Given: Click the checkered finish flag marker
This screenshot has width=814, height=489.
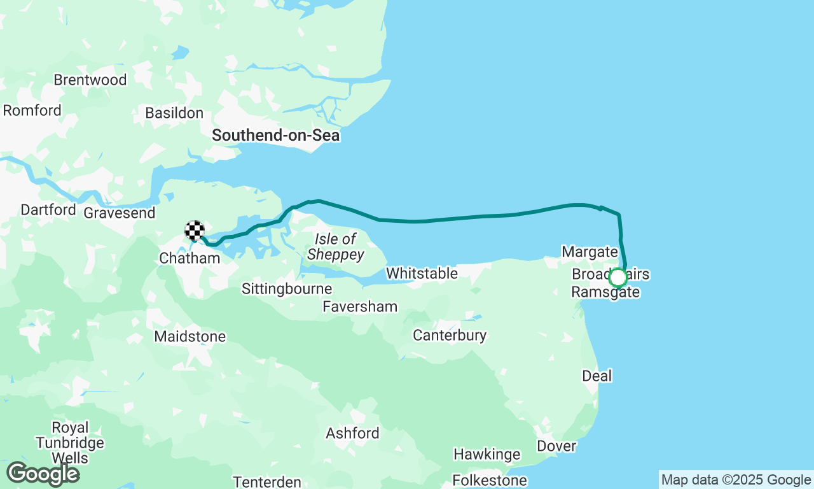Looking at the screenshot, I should [195, 230].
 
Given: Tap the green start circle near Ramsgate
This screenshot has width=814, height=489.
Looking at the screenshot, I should [617, 278].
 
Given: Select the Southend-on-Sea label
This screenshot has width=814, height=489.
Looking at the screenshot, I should [275, 136].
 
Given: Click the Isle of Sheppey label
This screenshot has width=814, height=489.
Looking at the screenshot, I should [336, 247].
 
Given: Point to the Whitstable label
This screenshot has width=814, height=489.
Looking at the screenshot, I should [422, 273].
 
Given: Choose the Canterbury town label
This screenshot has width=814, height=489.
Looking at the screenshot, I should [450, 335].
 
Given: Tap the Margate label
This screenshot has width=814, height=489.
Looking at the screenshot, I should [590, 252].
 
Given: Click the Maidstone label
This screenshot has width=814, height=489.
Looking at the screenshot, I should [190, 336].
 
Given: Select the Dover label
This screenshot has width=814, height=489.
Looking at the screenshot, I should [556, 446].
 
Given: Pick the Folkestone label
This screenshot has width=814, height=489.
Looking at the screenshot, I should [489, 479].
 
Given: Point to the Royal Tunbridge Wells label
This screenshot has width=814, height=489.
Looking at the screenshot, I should [70, 443].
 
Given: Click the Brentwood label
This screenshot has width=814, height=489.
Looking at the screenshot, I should [90, 80].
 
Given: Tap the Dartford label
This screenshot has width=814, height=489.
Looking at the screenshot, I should [48, 209].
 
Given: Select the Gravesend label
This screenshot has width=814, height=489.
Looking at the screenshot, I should [120, 213].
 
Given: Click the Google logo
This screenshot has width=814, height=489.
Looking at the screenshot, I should [43, 474].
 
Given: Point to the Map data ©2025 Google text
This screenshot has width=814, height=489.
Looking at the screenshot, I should [736, 480].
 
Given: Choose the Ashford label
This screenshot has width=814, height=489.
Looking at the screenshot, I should [352, 434].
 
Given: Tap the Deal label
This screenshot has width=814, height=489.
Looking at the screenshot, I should [597, 376].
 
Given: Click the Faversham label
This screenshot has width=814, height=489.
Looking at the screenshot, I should [360, 307].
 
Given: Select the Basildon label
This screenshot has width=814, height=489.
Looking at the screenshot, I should [174, 113].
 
